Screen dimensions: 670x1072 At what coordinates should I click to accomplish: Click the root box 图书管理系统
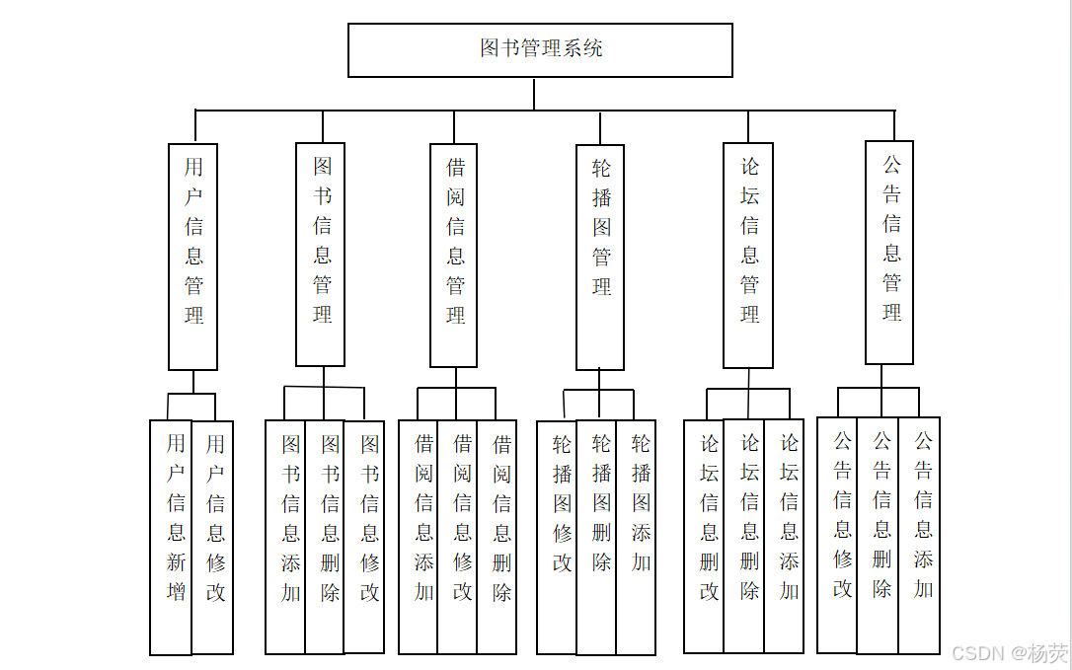540,49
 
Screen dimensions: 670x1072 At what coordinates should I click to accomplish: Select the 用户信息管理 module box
193,257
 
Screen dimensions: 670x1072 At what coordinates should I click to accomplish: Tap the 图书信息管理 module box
321,254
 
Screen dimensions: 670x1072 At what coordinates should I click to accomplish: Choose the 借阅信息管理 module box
454,256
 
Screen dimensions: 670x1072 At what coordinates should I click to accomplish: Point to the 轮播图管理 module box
600,257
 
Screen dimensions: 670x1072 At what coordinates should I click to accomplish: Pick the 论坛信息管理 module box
748,256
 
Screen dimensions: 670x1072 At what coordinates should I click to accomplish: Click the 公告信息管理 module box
889,253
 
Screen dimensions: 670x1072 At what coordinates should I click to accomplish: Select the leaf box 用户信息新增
171,537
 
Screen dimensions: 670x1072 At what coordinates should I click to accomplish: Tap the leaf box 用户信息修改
213,537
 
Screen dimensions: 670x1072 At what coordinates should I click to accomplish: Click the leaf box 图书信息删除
325,537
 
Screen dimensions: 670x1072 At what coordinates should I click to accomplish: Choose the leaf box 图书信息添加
285,537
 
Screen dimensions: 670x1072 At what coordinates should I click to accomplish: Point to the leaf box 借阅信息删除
497,537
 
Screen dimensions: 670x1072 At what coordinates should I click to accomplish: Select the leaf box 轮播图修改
557,537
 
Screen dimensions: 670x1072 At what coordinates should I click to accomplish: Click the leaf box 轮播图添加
636,537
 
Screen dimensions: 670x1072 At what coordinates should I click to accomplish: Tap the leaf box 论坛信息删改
704,537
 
